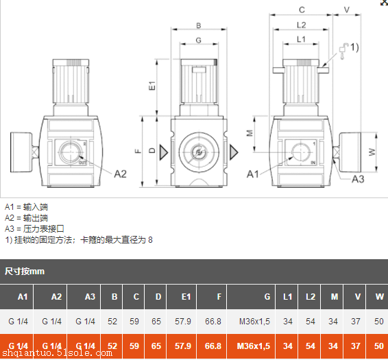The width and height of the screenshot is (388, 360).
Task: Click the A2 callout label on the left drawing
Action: pos(120,173)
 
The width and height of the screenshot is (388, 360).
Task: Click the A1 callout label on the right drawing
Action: pos(252,173)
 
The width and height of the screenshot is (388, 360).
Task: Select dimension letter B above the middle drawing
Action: pos(199,25)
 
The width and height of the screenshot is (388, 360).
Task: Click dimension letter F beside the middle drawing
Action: pos(137,151)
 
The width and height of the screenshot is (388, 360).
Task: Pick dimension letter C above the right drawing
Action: pos(302,10)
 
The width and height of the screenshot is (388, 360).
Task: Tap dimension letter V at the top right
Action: pos(346,10)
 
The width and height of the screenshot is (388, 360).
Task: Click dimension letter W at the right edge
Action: pos(381,152)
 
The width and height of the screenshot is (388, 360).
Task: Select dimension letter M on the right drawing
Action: pos(250,132)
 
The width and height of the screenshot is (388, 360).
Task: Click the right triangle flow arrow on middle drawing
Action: pos(234,151)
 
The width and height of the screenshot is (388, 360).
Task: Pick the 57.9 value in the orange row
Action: pos(183,346)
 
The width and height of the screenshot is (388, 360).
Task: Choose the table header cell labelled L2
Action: pos(311,296)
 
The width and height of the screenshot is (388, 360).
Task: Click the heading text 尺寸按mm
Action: pos(25,271)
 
